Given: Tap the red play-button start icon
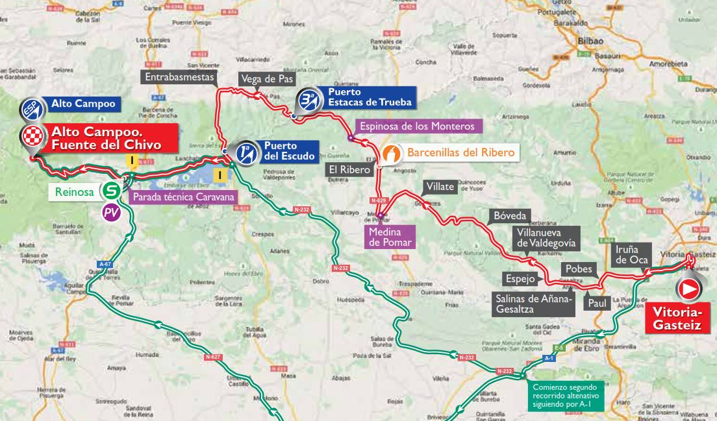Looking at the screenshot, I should (690, 289).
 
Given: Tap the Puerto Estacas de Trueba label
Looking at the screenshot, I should (370, 98).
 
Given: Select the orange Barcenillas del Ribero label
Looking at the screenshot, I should (462, 153).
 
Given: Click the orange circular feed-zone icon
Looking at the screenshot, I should (390, 154).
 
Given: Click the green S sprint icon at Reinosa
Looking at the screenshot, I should (110, 190).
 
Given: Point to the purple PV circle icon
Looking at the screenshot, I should (111, 212).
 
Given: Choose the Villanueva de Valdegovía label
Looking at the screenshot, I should (543, 238).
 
